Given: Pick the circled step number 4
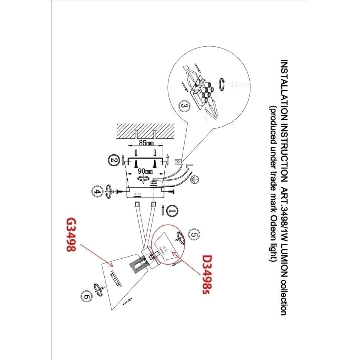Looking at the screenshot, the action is tap(97, 192).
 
